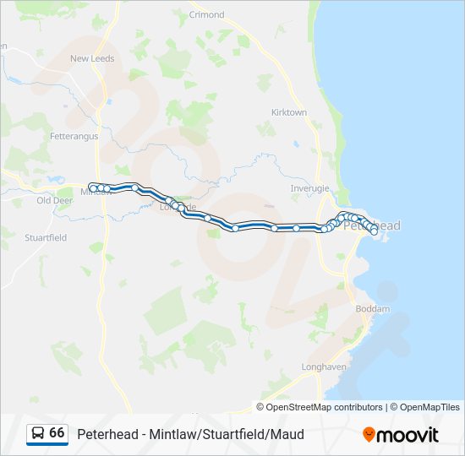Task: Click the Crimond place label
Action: tap(207, 15)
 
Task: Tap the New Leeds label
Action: tap(92, 59)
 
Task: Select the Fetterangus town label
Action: tap(74, 136)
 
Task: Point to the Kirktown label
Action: tap(289, 112)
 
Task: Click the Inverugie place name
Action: tap(309, 188)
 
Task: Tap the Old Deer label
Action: tap(55, 201)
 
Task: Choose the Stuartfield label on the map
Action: tap(46, 238)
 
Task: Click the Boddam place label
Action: tap(373, 309)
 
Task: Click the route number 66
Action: tap(57, 433)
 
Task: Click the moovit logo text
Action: tap(408, 435)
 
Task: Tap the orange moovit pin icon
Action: tap(369, 435)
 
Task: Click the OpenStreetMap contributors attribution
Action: tap(325, 407)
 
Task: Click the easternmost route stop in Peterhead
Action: tap(374, 231)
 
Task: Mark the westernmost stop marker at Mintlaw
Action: tap(92, 187)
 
